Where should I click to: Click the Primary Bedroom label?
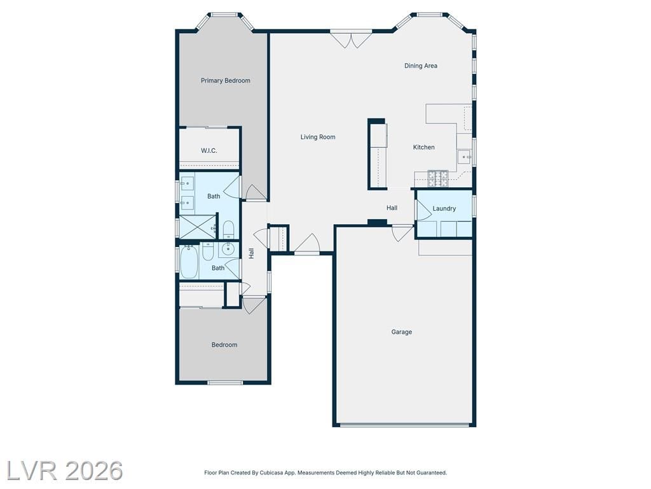click(226, 81)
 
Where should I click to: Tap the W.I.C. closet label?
click(209, 150)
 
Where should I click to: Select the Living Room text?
click(318, 137)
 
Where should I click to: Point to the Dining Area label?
click(421, 66)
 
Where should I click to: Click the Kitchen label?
click(424, 147)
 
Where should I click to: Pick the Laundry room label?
click(444, 208)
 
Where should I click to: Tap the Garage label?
click(402, 332)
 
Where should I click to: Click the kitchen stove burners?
click(438, 178)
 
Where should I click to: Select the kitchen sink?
click(465, 158)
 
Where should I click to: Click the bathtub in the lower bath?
click(189, 262)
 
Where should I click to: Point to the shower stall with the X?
click(198, 227)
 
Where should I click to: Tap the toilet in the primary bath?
click(229, 229)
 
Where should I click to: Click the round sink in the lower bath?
click(228, 249)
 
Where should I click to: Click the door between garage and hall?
click(402, 233)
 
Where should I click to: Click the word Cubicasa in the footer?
click(272, 473)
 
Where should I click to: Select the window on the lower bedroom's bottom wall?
click(225, 382)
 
